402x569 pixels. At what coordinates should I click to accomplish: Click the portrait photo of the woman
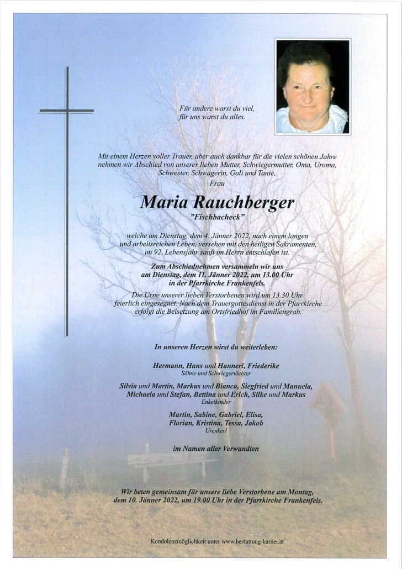(313, 86)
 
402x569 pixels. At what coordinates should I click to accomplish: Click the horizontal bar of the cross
(66, 111)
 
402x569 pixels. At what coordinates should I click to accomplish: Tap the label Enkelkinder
(216, 402)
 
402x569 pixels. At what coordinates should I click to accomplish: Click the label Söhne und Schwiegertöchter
(216, 373)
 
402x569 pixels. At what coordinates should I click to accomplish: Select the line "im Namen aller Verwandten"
(216, 449)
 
